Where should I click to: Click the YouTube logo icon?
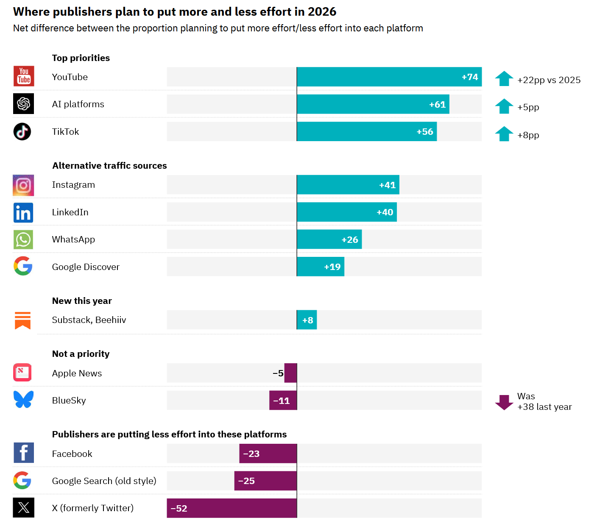tap(24, 76)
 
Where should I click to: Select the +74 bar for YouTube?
tap(389, 77)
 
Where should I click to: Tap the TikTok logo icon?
tap(22, 131)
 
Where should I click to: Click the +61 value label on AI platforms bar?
tap(437, 104)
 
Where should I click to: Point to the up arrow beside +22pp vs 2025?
tap(504, 79)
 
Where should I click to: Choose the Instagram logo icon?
tap(23, 185)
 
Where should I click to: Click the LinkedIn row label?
tap(70, 212)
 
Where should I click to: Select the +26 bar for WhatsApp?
tap(329, 239)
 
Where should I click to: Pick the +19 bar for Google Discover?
tap(320, 267)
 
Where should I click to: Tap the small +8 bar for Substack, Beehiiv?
tap(307, 320)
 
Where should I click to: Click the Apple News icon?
tap(22, 373)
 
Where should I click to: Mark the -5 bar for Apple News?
tap(290, 373)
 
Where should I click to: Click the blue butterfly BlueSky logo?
tap(23, 400)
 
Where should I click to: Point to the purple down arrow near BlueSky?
tap(504, 402)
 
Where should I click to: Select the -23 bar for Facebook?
tap(268, 454)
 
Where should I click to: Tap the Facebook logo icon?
tap(24, 453)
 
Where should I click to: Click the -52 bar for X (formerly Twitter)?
tap(232, 508)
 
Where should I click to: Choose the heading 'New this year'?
tap(82, 301)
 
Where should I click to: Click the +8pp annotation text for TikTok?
tap(528, 135)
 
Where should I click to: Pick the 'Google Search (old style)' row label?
tap(104, 481)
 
